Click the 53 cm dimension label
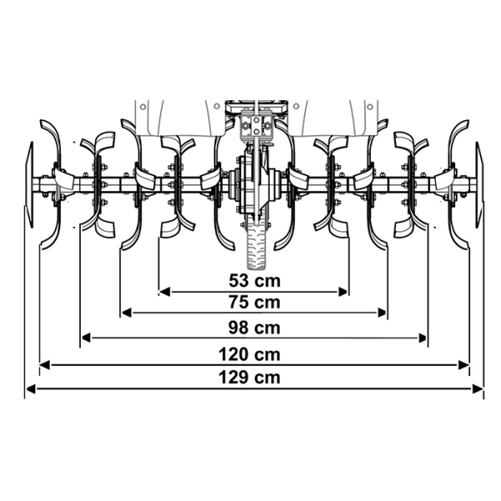tap(255, 281)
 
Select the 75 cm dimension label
tap(255, 302)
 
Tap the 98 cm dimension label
tap(255, 328)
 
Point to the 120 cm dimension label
tap(249, 355)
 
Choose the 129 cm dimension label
tap(249, 377)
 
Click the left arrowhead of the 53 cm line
tap(164, 291)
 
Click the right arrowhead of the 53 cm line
tap(342, 291)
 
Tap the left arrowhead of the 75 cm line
tap(127, 313)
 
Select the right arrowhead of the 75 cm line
tap(382, 313)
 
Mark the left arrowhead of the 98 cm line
tap(86, 337)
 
